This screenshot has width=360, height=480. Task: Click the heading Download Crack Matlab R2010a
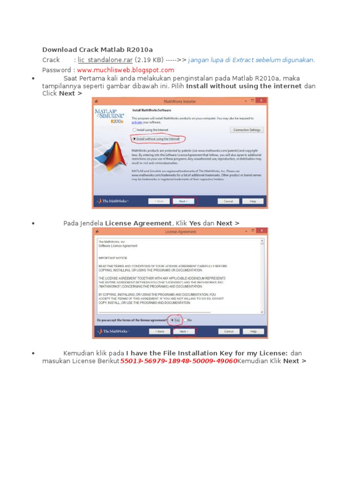tap(97, 50)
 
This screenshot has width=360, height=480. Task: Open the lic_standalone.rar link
tap(105, 60)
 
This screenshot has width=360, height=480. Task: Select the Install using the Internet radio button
tap(135, 130)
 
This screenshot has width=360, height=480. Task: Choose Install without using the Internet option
tap(135, 139)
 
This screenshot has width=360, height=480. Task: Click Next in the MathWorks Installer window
tap(183, 201)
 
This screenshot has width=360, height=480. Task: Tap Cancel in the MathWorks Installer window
tap(228, 201)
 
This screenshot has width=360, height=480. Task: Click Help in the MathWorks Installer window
tap(253, 201)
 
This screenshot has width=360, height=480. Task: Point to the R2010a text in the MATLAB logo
tap(117, 121)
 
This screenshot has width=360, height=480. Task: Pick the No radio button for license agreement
tap(186, 320)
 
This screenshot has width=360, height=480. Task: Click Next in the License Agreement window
tap(183, 331)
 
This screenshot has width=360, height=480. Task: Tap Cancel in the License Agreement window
tap(229, 331)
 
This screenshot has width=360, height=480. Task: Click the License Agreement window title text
tap(180, 232)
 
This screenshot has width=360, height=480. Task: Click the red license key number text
tap(179, 361)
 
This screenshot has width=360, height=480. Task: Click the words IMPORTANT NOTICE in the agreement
tap(112, 258)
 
